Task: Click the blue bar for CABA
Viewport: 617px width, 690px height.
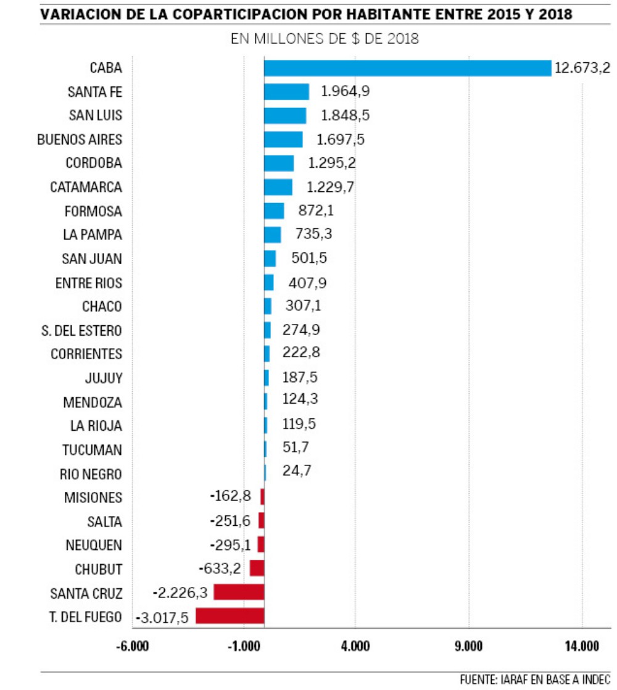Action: (x=407, y=68)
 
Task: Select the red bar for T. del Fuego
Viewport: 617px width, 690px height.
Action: (x=230, y=616)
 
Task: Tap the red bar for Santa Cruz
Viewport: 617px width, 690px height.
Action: (x=239, y=592)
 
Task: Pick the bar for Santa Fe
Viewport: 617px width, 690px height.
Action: (x=286, y=91)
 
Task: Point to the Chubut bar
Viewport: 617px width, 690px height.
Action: (x=257, y=568)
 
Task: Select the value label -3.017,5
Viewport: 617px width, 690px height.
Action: (x=161, y=617)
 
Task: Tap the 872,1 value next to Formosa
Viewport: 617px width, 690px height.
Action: (x=315, y=211)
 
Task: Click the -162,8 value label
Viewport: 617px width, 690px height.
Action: (x=231, y=496)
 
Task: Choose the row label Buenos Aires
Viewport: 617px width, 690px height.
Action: (x=80, y=139)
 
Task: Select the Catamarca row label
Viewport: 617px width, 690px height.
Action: (x=86, y=187)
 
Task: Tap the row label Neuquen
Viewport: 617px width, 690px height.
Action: (x=94, y=545)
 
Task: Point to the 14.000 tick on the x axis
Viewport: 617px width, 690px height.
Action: (x=581, y=646)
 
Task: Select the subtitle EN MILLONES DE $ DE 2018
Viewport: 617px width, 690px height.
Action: (x=325, y=39)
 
